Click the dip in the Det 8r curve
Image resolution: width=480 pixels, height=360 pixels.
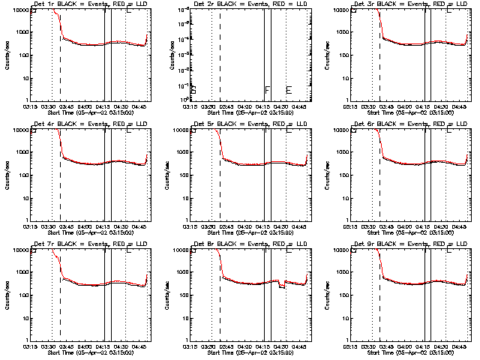tap(282, 286)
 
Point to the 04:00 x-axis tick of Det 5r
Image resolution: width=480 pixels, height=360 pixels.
tap(247, 227)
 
